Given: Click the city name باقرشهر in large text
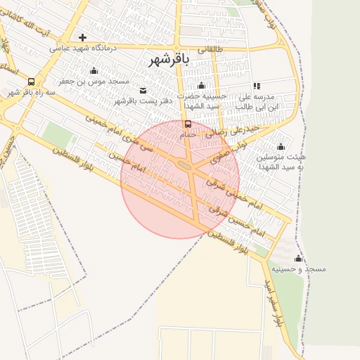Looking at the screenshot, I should coord(169,60).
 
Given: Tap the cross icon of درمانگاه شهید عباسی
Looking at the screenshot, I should coord(82,37).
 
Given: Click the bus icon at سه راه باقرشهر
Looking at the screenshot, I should coord(31,82).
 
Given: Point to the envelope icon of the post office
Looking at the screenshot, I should coord(143,90).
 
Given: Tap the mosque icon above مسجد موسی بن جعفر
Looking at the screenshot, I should coord(94,71).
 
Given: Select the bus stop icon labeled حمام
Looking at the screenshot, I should coord(187,124).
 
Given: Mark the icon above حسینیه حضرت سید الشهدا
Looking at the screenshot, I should coord(201,85).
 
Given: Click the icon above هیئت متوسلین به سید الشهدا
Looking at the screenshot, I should coord(281,146).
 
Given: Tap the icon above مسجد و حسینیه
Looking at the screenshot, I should coord(298,258).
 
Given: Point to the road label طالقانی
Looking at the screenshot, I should coord(210,50).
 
